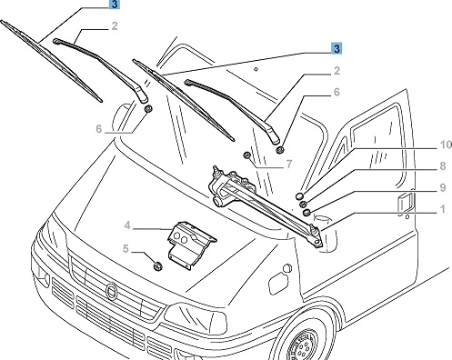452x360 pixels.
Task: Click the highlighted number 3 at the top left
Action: (114, 5)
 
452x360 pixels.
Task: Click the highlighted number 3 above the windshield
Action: (336, 48)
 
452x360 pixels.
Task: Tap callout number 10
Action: (446, 145)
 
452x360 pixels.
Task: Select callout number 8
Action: (443, 166)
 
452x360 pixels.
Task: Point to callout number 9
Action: (443, 187)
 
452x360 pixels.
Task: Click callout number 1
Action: (443, 209)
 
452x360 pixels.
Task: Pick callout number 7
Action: (289, 165)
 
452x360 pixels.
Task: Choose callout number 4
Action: (127, 225)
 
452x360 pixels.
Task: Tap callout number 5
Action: (126, 248)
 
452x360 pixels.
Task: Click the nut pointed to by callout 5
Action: (157, 266)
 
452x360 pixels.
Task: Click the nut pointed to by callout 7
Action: (247, 155)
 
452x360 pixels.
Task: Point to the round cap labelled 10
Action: (300, 196)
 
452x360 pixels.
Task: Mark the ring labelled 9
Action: (306, 213)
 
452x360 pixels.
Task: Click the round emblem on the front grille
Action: (112, 291)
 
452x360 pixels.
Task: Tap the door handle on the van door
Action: (405, 204)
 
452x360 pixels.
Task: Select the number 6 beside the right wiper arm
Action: (336, 92)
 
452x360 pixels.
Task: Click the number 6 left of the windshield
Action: (99, 129)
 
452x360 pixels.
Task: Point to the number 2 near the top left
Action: (114, 26)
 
